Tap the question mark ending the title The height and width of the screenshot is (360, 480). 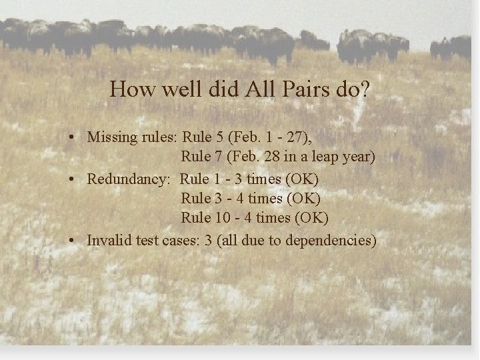pos(364,89)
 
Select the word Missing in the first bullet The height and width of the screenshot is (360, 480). pos(111,137)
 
